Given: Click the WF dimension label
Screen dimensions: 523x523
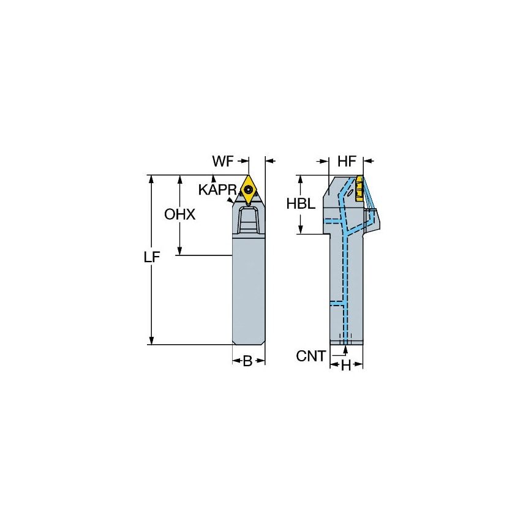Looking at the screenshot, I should [224, 162].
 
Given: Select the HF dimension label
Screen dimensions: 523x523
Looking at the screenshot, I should [347, 162].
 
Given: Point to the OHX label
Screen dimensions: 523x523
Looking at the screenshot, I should [179, 214].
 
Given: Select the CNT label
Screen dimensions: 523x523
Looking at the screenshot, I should [310, 356].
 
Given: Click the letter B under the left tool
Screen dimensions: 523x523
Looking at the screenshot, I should [247, 361].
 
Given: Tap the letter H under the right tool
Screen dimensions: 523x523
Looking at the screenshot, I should [346, 366].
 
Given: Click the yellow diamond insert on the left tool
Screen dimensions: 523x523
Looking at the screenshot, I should [249, 189].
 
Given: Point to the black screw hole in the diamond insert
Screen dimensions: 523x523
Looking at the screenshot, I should [249, 190].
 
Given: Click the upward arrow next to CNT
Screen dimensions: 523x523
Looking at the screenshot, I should [345, 350].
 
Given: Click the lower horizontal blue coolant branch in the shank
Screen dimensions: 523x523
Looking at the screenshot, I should [336, 303].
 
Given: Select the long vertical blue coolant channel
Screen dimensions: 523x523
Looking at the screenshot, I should [344, 282].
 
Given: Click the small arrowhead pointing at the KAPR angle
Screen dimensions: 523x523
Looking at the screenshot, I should [231, 198].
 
